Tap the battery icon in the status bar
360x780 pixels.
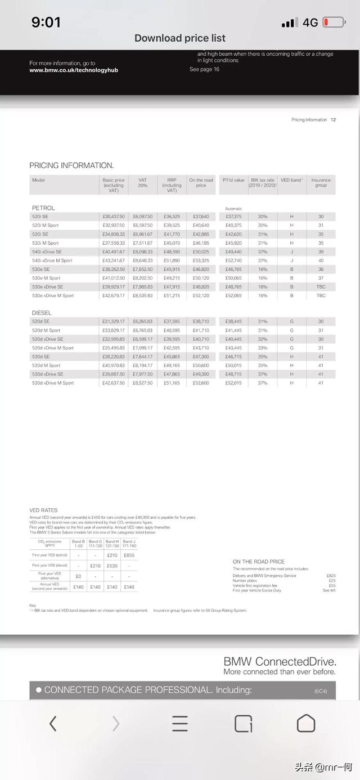pyautogui.click(x=334, y=23)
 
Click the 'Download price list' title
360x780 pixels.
pyautogui.click(x=180, y=38)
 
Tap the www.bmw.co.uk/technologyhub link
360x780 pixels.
pyautogui.click(x=74, y=70)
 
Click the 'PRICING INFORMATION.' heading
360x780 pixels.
pyautogui.click(x=71, y=165)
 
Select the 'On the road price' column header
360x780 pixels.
pyautogui.click(x=201, y=183)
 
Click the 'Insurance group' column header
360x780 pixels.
pyautogui.click(x=321, y=183)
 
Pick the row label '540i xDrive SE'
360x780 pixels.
pyautogui.click(x=47, y=252)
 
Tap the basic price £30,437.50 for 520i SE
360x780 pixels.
pyautogui.click(x=114, y=217)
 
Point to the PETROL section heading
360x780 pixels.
pyautogui.click(x=43, y=208)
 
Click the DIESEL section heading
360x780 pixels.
pyautogui.click(x=42, y=313)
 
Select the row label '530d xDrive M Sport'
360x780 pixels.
pyautogui.click(x=53, y=383)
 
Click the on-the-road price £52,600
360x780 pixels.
pyautogui.click(x=201, y=383)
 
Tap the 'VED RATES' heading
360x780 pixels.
pyautogui.click(x=43, y=510)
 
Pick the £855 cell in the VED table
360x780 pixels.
pyautogui.click(x=129, y=555)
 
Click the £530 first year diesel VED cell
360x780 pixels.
pyautogui.click(x=112, y=566)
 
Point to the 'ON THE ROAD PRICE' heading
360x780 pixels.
pyautogui.click(x=259, y=562)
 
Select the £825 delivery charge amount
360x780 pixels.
pyautogui.click(x=331, y=576)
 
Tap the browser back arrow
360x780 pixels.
pyautogui.click(x=53, y=723)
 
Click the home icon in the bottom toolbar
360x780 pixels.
pyautogui.click(x=305, y=723)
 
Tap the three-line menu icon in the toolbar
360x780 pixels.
pyautogui.click(x=180, y=723)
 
